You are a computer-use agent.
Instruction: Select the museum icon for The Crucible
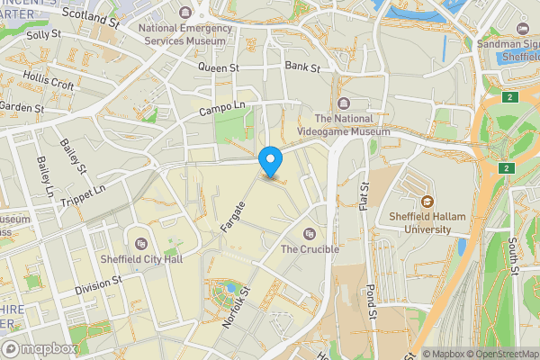point(310,233)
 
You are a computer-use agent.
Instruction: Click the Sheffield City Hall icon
point(140,243)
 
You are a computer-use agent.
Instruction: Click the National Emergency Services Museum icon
point(185,12)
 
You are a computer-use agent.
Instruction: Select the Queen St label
point(219,67)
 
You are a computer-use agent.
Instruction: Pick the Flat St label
point(364,199)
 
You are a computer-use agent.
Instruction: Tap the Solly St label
point(42,34)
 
